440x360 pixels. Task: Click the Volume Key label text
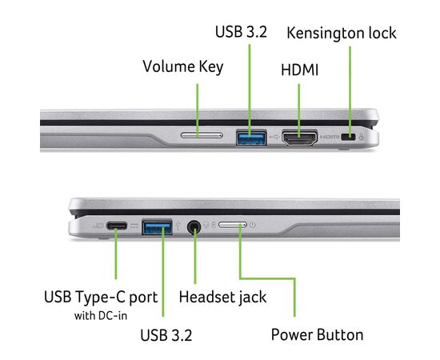point(183,66)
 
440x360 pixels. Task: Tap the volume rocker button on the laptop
point(202,136)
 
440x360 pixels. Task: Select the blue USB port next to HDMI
point(251,138)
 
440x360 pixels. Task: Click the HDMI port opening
point(300,138)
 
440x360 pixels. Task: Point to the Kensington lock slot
point(348,138)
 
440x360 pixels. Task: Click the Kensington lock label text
point(342,33)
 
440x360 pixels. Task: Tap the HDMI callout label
point(300,70)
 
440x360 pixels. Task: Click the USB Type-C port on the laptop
point(117,226)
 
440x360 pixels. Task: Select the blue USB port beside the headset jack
point(157,226)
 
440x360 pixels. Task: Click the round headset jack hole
point(194,226)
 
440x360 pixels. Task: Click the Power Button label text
point(317,334)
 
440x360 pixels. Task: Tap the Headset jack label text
point(222,298)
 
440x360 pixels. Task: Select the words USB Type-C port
point(101,297)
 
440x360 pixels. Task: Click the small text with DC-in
point(101,316)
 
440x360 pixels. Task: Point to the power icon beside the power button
point(253,225)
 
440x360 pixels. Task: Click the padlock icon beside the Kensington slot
point(362,137)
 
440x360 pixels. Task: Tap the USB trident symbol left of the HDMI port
point(274,138)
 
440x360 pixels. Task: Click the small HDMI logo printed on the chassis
point(330,138)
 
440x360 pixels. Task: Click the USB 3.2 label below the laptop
point(166,335)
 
